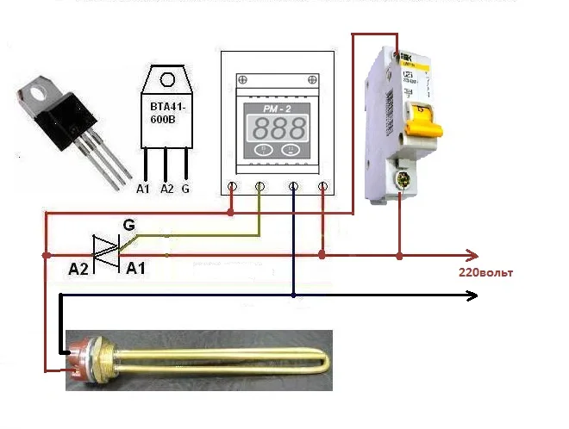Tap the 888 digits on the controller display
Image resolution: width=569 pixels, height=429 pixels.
click(x=277, y=128)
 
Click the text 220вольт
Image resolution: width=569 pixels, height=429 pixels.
click(x=485, y=272)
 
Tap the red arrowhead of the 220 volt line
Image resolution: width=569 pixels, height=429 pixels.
click(x=472, y=255)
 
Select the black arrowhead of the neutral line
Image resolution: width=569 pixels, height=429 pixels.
click(x=472, y=295)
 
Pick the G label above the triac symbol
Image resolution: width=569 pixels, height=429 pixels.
click(x=128, y=226)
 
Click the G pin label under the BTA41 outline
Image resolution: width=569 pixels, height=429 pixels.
click(x=185, y=187)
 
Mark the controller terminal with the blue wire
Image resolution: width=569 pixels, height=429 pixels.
click(x=293, y=185)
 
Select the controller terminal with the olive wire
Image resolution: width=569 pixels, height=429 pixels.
click(x=260, y=185)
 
